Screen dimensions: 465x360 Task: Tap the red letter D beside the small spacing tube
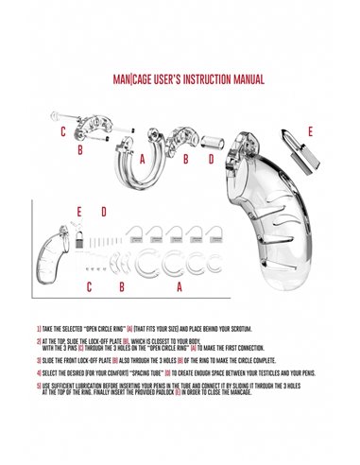(211, 160)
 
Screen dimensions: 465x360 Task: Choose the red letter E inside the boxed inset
(80, 211)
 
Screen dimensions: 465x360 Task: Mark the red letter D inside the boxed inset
(103, 211)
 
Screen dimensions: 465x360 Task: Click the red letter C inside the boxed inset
(89, 284)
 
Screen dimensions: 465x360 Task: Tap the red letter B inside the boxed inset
(121, 284)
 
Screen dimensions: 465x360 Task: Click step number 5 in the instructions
(38, 386)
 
